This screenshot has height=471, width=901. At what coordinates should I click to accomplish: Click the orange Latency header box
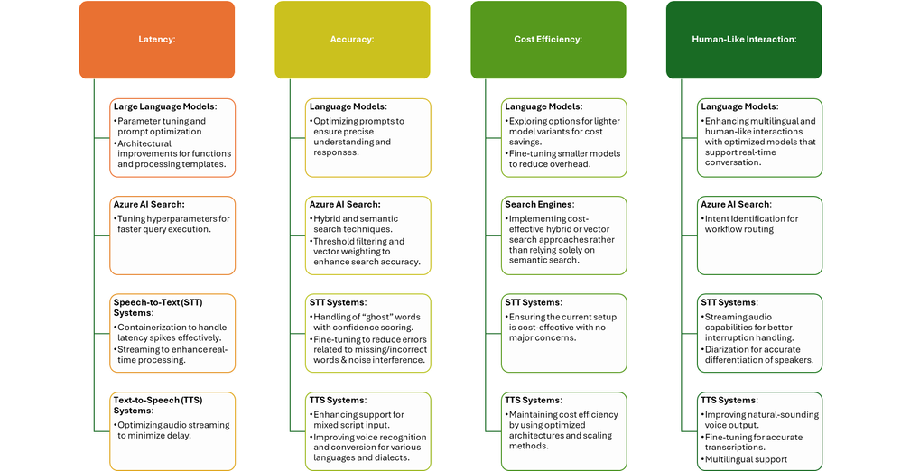click(x=156, y=39)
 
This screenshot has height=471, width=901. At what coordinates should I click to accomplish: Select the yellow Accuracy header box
click(x=352, y=39)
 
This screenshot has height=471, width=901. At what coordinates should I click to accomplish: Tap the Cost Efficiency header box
click(x=548, y=39)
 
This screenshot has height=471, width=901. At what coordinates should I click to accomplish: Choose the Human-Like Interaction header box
click(x=744, y=39)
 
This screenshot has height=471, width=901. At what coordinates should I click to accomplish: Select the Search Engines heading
click(x=539, y=205)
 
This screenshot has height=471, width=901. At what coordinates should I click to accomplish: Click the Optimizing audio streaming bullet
click(x=172, y=429)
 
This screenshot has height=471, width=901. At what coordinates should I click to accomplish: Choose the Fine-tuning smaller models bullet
click(x=562, y=159)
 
